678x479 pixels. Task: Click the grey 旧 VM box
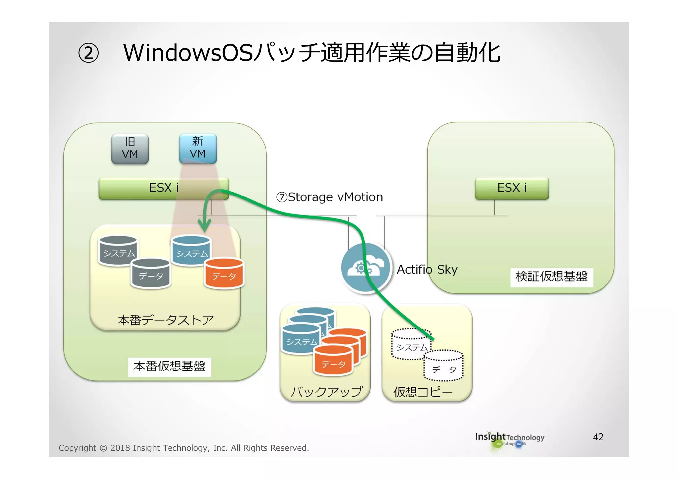130,149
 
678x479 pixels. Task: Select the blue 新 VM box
198,148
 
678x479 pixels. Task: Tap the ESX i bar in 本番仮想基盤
164,188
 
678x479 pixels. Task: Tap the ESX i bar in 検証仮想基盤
512,188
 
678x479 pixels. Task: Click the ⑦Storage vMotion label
329,197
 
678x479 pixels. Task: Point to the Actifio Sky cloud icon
366,268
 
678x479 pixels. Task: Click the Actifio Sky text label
427,270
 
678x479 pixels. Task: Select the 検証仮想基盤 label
552,277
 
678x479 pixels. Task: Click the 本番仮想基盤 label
169,367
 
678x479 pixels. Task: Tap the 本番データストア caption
165,320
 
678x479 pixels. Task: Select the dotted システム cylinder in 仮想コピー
411,345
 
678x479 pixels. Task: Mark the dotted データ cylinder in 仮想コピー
444,367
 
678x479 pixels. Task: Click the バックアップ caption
326,392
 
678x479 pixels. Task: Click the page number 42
598,437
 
